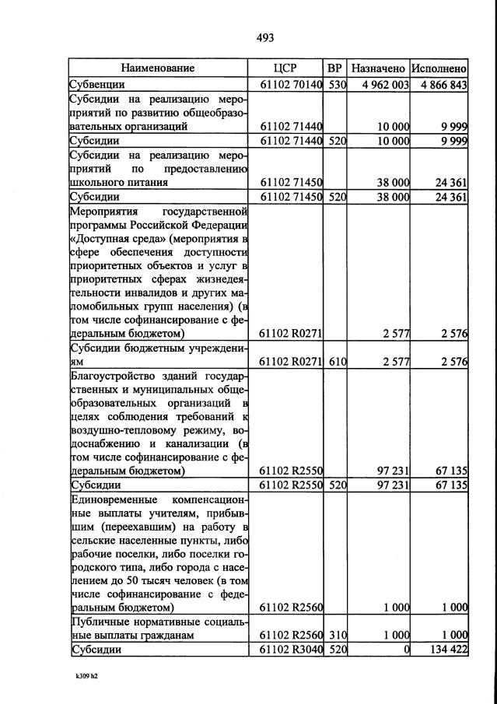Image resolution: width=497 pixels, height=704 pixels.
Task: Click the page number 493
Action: (265, 37)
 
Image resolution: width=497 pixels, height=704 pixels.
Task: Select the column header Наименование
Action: (157, 68)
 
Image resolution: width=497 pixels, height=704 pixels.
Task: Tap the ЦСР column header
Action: (286, 68)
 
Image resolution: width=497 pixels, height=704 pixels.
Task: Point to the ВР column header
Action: (335, 68)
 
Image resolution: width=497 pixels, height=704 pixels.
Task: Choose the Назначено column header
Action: (378, 68)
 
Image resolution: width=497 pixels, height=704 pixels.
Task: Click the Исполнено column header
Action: (439, 68)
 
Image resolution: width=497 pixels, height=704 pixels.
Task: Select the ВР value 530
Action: (336, 84)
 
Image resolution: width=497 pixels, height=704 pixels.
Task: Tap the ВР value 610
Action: (336, 362)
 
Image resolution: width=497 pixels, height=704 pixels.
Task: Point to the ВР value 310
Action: (336, 636)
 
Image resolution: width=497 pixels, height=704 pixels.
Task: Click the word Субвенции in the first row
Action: (97, 84)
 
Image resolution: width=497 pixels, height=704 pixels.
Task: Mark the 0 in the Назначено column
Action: (406, 650)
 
